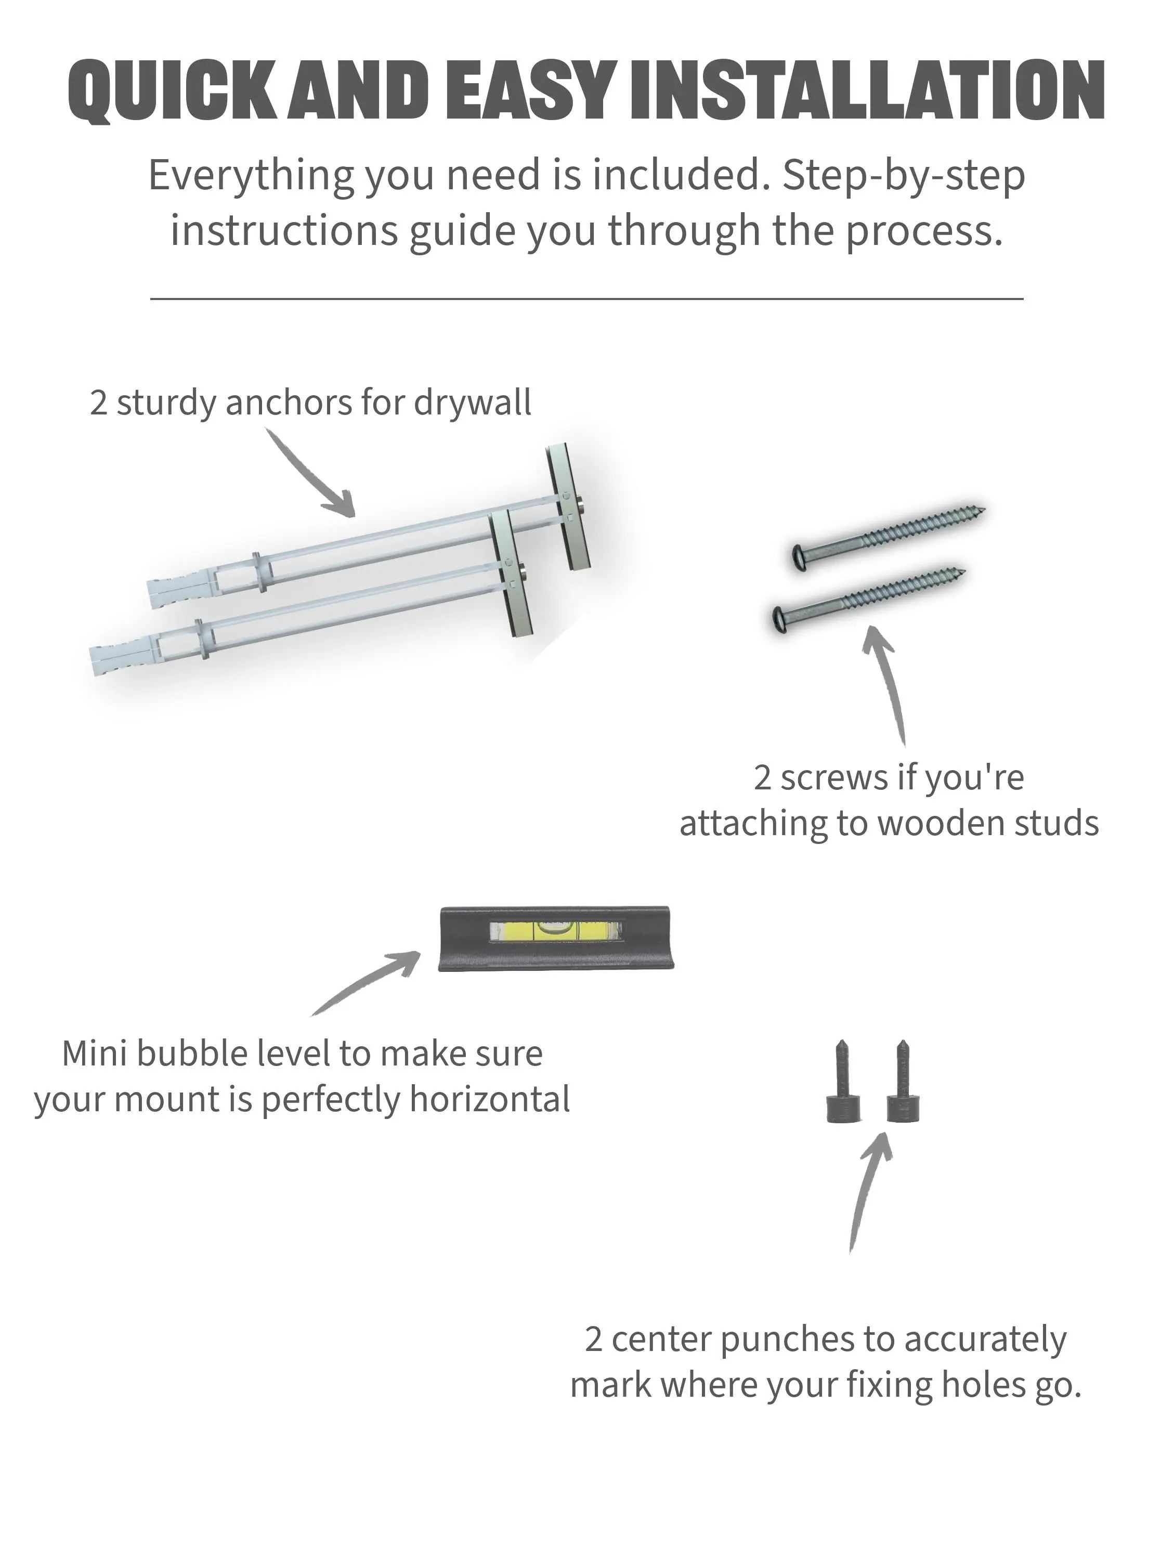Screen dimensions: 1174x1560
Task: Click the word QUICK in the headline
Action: click(172, 91)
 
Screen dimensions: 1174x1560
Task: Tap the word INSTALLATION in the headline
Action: click(867, 90)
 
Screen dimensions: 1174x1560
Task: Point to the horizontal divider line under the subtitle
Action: click(586, 299)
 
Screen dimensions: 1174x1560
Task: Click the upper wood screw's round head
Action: click(800, 556)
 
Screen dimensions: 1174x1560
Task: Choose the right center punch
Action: click(903, 1083)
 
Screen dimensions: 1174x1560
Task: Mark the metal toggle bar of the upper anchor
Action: click(568, 506)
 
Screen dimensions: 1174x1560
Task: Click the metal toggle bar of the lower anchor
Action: click(511, 574)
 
